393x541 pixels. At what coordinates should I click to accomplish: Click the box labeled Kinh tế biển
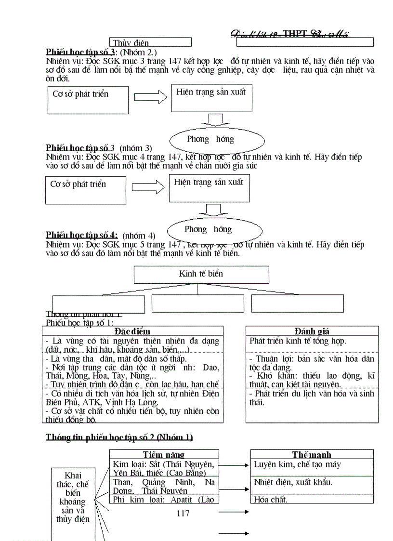tap(201, 275)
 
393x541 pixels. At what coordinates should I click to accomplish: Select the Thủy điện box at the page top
tap(151, 42)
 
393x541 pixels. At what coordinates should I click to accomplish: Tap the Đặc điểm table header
tap(132, 331)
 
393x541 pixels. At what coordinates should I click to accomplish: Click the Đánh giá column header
tap(312, 331)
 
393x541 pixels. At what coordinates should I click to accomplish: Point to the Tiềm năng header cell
tap(164, 454)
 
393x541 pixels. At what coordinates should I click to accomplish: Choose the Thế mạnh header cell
tap(312, 454)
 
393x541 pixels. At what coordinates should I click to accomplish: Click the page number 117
tap(183, 514)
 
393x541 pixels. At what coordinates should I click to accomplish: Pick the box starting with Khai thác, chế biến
tap(73, 497)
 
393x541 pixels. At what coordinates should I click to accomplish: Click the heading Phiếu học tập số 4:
tap(81, 235)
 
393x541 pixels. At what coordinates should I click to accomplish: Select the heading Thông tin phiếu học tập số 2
tap(119, 437)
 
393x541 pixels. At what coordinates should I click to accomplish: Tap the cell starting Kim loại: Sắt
tap(164, 468)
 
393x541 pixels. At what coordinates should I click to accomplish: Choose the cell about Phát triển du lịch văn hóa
tap(312, 398)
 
